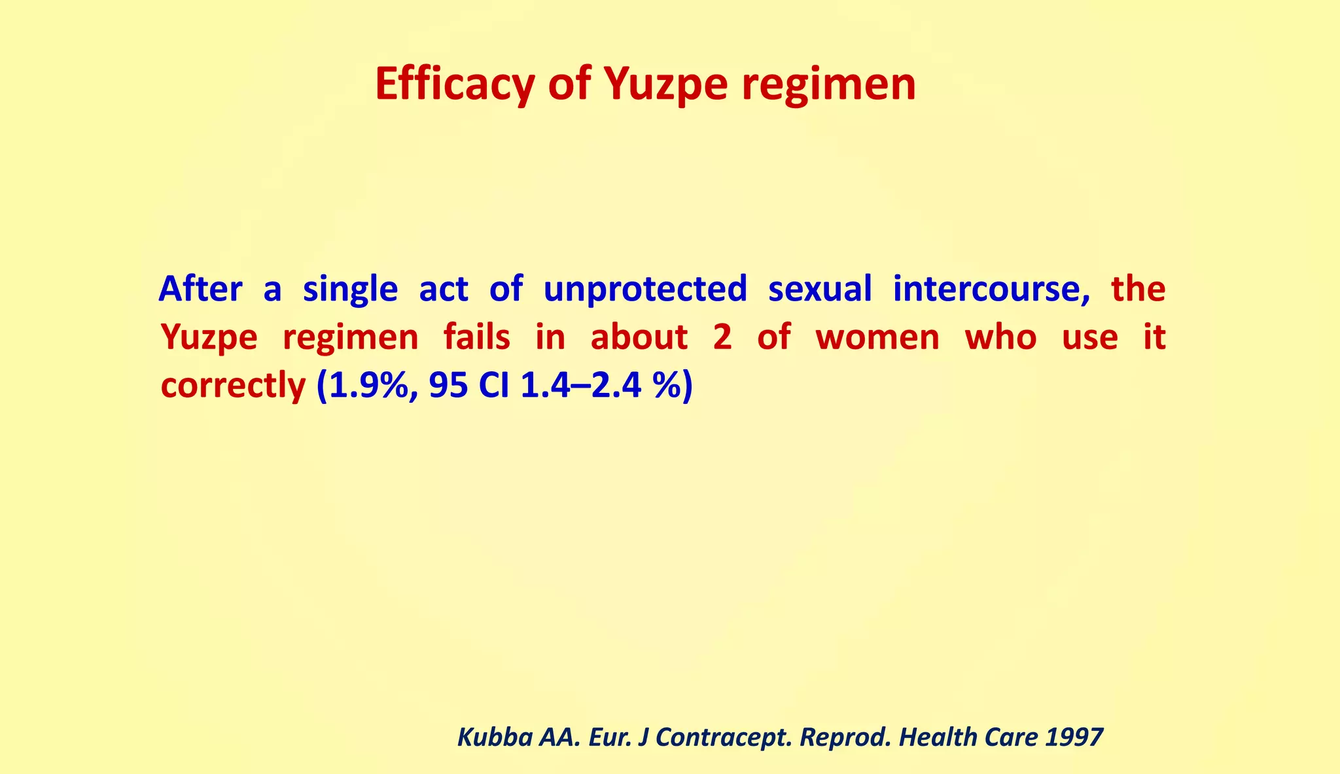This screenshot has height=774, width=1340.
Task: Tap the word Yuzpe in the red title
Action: (x=663, y=85)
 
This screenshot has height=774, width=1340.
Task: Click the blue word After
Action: (x=200, y=289)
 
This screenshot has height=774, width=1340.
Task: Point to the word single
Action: (x=350, y=290)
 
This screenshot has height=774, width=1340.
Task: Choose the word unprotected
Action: (x=644, y=290)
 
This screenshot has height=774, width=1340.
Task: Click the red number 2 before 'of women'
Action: (x=722, y=338)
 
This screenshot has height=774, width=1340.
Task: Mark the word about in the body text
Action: (x=639, y=337)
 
